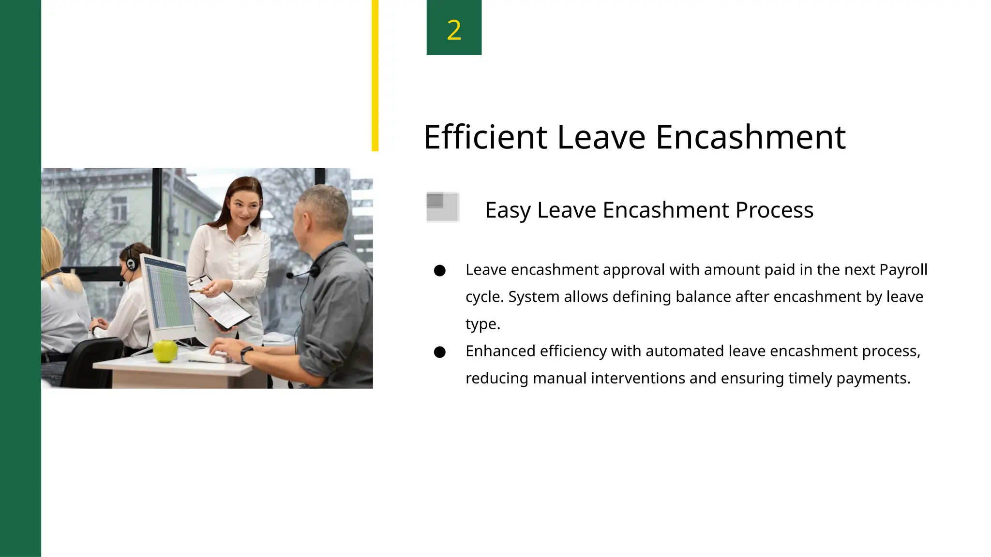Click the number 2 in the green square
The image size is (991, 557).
[454, 30]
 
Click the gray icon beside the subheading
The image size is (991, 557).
[442, 207]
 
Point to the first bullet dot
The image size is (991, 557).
[439, 270]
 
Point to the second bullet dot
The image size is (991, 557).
[439, 352]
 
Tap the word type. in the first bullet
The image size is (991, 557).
[482, 324]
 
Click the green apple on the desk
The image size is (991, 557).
[165, 351]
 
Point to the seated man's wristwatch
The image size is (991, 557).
[246, 353]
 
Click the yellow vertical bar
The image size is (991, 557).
[375, 75]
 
